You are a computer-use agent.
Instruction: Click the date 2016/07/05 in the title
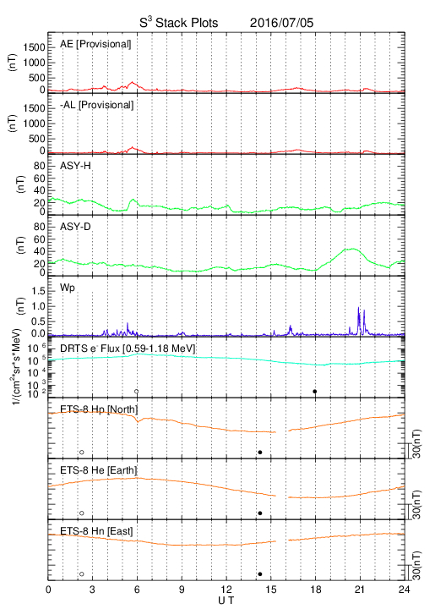pyautogui.click(x=281, y=23)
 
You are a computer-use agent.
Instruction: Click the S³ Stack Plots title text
pyautogui.click(x=179, y=22)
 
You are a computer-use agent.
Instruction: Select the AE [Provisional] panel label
pyautogui.click(x=95, y=44)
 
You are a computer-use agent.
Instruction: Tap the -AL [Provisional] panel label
pyautogui.click(x=96, y=105)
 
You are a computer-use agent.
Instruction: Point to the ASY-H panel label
pyautogui.click(x=75, y=166)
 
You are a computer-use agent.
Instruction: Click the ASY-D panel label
pyautogui.click(x=75, y=227)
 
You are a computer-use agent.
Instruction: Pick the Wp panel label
pyautogui.click(x=67, y=288)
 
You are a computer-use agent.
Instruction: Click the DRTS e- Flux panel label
pyautogui.click(x=128, y=348)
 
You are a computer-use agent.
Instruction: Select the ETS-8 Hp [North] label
pyautogui.click(x=99, y=409)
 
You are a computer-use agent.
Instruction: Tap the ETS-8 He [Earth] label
pyautogui.click(x=99, y=470)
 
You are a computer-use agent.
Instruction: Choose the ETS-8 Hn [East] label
pyautogui.click(x=96, y=531)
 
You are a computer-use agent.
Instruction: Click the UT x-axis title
pyautogui.click(x=226, y=601)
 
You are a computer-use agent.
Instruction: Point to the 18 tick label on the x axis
pyautogui.click(x=316, y=590)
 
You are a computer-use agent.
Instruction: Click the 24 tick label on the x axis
pyautogui.click(x=405, y=590)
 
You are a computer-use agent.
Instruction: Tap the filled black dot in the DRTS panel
pyautogui.click(x=315, y=392)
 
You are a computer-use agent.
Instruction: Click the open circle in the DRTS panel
pyautogui.click(x=137, y=392)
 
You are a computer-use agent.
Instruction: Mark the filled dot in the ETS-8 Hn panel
pyautogui.click(x=260, y=574)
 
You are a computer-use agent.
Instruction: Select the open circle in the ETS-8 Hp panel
pyautogui.click(x=82, y=452)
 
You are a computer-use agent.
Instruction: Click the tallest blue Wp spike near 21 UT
pyautogui.click(x=359, y=308)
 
